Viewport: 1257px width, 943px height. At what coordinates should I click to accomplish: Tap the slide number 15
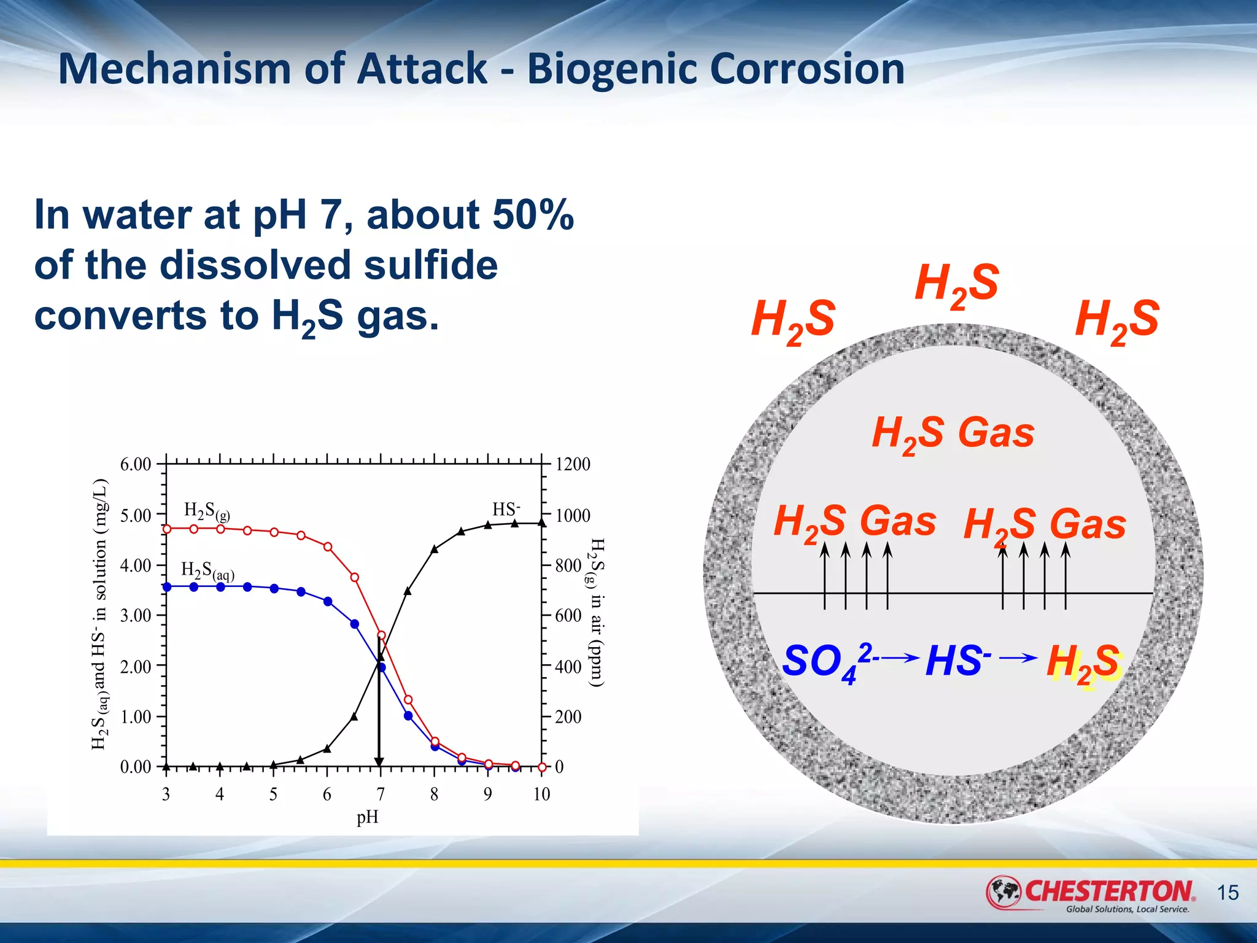tap(1228, 892)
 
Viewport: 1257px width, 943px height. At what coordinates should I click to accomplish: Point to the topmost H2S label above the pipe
tap(956, 284)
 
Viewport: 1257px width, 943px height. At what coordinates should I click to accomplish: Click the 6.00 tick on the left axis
tap(136, 464)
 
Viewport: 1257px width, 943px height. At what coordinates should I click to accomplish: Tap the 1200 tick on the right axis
tap(572, 464)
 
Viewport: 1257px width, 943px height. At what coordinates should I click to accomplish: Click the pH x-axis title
tap(367, 817)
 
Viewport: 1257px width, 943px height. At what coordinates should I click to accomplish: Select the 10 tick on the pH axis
tap(541, 794)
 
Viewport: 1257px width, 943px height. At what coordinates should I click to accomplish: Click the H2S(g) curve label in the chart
tap(207, 511)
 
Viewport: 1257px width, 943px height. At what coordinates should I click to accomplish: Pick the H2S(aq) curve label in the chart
tap(207, 570)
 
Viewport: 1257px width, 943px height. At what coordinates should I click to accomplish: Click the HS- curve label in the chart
tap(506, 510)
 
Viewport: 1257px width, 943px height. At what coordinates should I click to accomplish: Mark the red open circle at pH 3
tap(167, 529)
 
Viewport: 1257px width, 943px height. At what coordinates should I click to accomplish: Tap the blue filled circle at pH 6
tap(328, 601)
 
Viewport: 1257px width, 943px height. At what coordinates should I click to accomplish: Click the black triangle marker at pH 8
tap(435, 549)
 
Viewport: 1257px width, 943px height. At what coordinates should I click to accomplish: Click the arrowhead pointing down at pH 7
tap(379, 762)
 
